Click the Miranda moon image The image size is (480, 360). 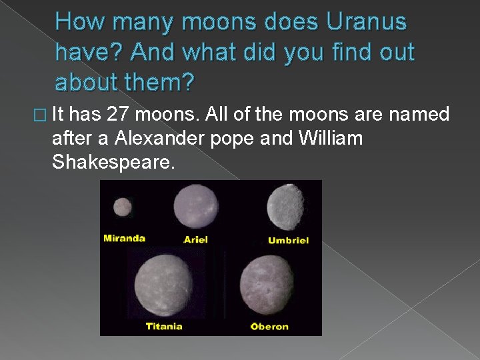[122, 207]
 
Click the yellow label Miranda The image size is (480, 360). [124, 238]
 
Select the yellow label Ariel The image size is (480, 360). [195, 239]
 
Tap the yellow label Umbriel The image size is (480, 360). [288, 240]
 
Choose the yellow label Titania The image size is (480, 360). [164, 326]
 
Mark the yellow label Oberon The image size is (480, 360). [269, 326]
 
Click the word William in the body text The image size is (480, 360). [331, 138]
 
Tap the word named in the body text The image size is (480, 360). [422, 115]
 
